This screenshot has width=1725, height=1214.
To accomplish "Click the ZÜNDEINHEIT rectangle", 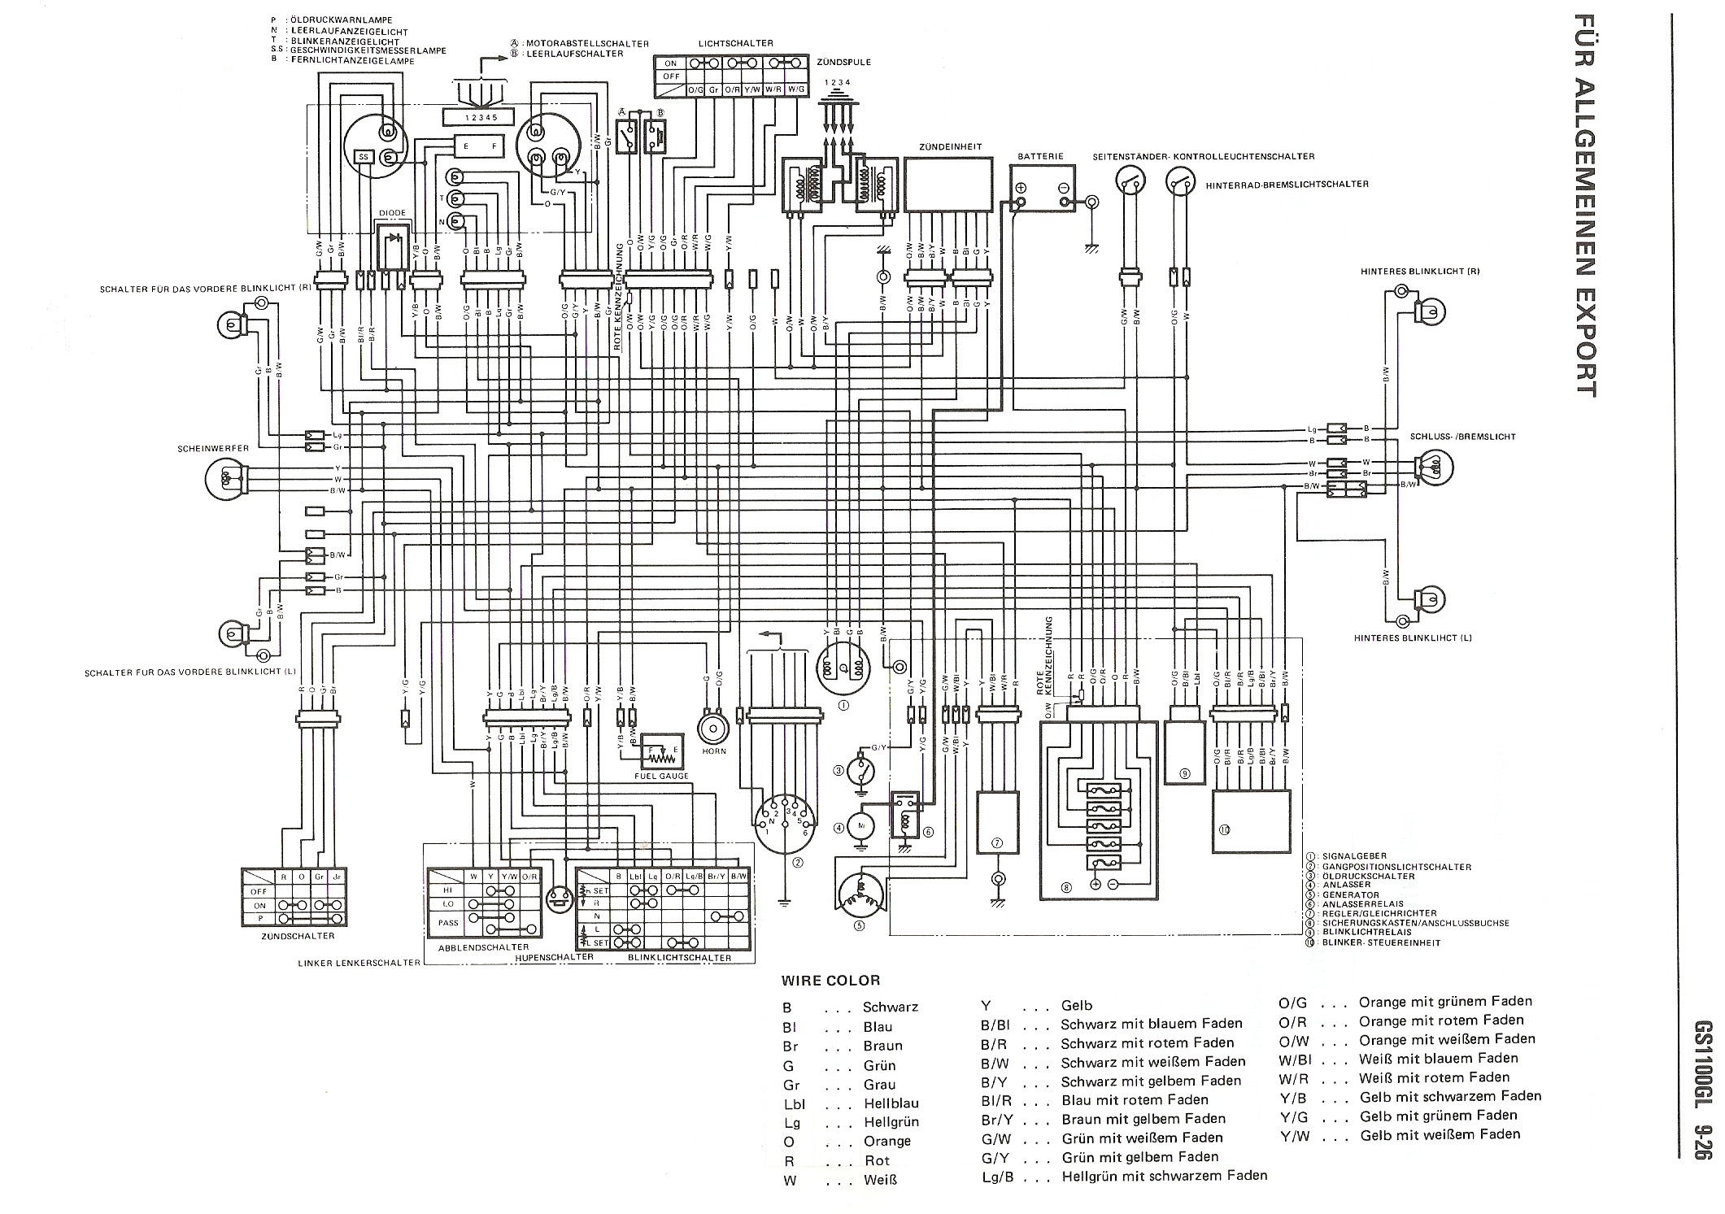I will click(x=948, y=185).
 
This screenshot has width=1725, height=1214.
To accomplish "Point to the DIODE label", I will click(x=392, y=213).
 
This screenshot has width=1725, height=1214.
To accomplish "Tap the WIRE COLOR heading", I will click(x=830, y=981).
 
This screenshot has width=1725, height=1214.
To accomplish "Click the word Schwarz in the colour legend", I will click(x=891, y=1007).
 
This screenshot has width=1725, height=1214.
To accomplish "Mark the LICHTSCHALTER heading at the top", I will click(x=735, y=43).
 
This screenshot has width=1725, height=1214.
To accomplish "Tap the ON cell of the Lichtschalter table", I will click(x=670, y=63).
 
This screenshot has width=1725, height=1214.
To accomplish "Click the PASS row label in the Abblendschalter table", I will click(x=448, y=923).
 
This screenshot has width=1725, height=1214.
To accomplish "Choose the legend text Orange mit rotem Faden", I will click(x=1441, y=1020).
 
